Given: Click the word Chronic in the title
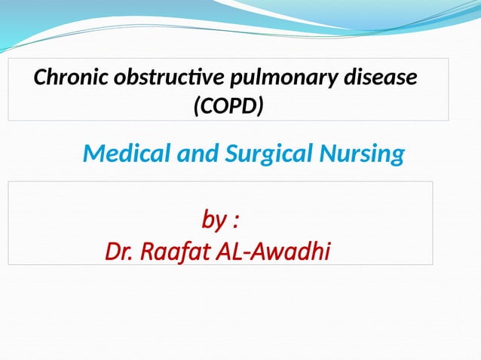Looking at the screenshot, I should tap(64, 78).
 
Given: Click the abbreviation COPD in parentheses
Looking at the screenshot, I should tap(228, 107).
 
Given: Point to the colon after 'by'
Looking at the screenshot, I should tap(236, 223).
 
